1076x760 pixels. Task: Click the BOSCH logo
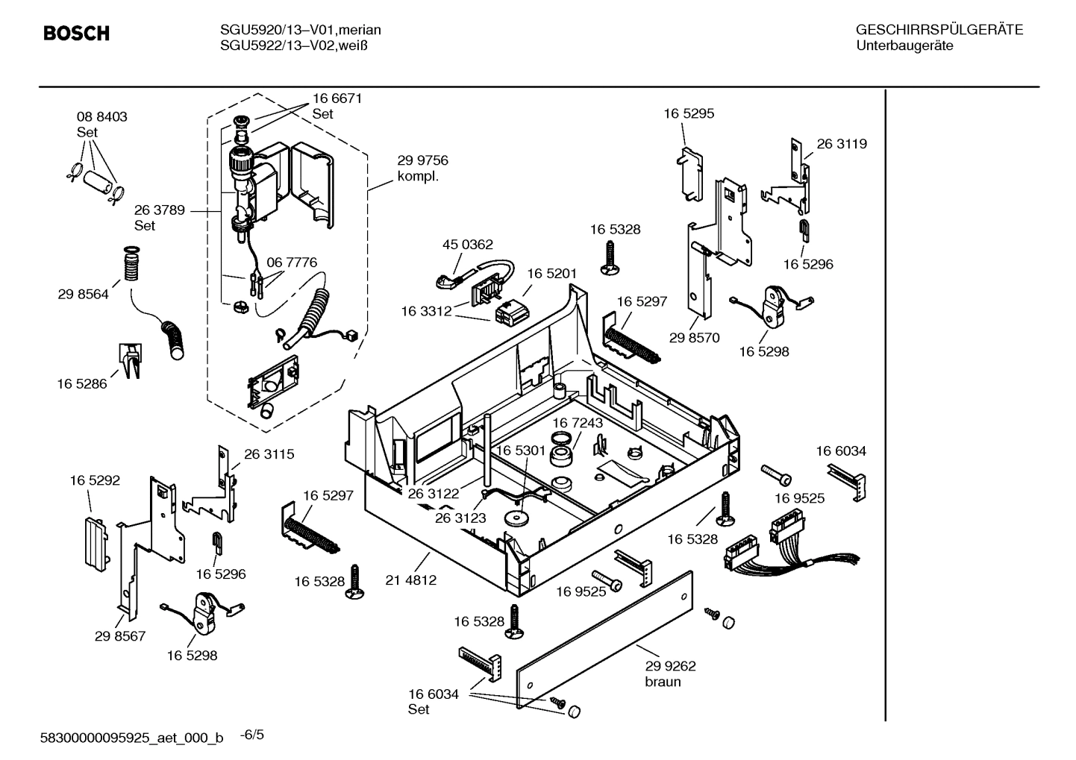click(76, 34)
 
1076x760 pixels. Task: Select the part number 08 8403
click(101, 117)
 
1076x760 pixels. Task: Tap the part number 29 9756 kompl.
click(422, 169)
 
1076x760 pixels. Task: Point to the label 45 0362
click(467, 245)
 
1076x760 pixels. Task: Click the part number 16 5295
click(689, 114)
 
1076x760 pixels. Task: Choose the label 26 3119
click(842, 144)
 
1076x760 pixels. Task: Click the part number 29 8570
click(694, 338)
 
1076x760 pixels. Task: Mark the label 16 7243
click(578, 423)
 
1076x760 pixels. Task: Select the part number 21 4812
click(410, 580)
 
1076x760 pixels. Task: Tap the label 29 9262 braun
click(670, 673)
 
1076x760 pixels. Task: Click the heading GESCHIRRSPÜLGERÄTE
click(939, 31)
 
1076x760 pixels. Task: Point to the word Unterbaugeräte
click(904, 46)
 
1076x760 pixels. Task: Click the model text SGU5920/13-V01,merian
click(300, 31)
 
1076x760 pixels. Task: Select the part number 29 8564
click(83, 295)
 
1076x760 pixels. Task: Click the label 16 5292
click(95, 481)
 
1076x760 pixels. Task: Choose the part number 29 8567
click(120, 636)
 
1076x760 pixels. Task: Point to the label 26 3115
click(269, 454)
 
